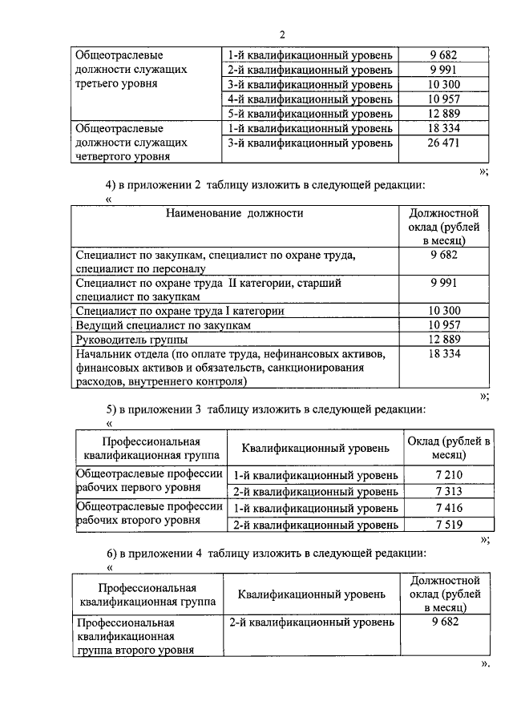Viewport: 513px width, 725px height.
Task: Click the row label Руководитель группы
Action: click(125, 339)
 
